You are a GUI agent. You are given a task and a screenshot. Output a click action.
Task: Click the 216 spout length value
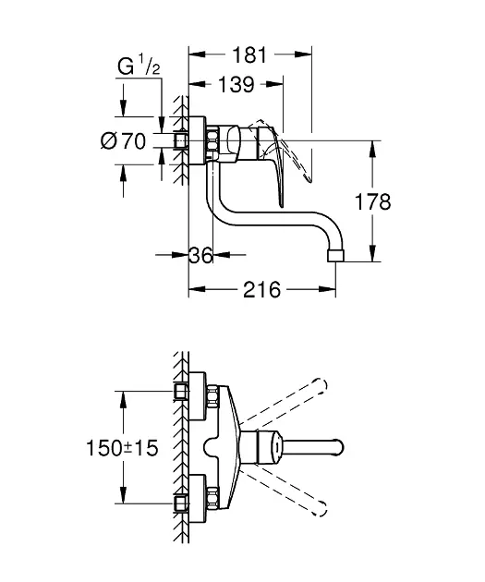[262, 290]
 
